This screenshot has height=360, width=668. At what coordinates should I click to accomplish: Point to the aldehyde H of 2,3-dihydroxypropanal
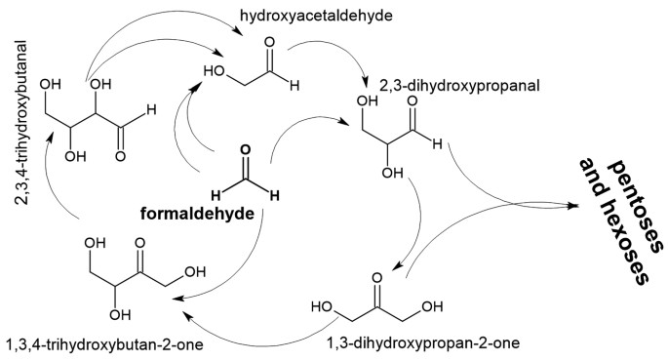(438, 144)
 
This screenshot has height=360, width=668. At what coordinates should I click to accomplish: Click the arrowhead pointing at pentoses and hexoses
(579, 204)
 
